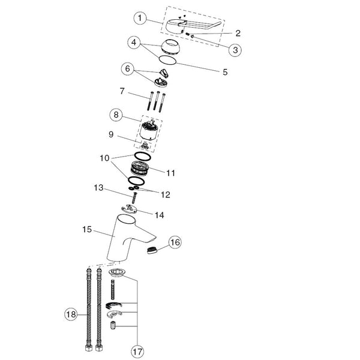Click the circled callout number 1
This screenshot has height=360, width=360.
[140, 18]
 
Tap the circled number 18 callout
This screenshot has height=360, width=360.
[71, 314]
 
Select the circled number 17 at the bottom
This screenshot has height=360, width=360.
[137, 352]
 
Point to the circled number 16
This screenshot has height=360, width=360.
[175, 242]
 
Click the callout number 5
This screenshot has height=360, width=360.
[225, 72]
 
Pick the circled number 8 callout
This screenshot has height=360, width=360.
[116, 115]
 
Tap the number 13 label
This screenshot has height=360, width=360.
[98, 188]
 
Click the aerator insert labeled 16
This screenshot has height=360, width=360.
[152, 250]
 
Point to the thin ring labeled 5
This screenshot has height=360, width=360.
[167, 60]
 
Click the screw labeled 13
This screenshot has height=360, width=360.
[134, 198]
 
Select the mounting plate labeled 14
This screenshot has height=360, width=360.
[129, 209]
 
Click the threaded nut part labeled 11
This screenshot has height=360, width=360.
[140, 169]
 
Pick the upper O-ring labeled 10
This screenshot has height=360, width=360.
[143, 157]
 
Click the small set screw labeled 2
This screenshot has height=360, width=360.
[187, 34]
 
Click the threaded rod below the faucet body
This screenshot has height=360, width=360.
[113, 289]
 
